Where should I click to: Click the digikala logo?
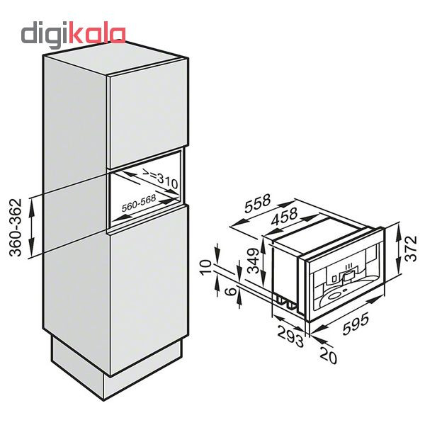tap(73, 35)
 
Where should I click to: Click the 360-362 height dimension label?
tap(16, 227)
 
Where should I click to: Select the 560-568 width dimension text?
tap(139, 203)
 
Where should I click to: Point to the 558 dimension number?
tap(257, 203)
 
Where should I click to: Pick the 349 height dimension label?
tap(254, 260)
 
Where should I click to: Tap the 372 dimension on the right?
tap(411, 249)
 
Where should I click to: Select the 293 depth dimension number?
tap(290, 337)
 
